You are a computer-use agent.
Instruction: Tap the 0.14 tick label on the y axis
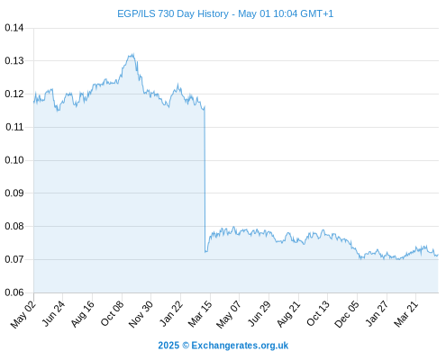click(14, 28)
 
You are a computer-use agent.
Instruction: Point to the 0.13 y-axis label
click(14, 61)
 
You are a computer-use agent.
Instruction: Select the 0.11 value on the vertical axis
click(14, 127)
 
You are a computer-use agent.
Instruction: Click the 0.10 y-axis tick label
click(14, 160)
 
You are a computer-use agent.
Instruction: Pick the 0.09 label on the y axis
click(14, 193)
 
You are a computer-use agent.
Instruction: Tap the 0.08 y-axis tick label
click(14, 226)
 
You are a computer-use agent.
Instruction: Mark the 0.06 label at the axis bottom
click(14, 292)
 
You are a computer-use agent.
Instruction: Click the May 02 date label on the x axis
click(23, 314)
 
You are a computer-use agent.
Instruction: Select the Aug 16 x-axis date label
click(83, 314)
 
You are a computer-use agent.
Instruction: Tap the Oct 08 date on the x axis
click(112, 314)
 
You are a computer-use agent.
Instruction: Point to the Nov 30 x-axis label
click(141, 314)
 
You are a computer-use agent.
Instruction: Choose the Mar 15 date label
click(200, 314)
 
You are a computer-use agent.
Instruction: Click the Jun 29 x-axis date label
click(259, 314)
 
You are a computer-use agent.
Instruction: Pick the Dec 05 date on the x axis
click(347, 314)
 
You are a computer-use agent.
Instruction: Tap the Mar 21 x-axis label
click(406, 314)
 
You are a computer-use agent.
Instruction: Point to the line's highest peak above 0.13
click(133, 54)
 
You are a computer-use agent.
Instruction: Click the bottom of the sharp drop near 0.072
click(205, 252)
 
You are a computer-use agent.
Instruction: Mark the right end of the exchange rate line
click(438, 255)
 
